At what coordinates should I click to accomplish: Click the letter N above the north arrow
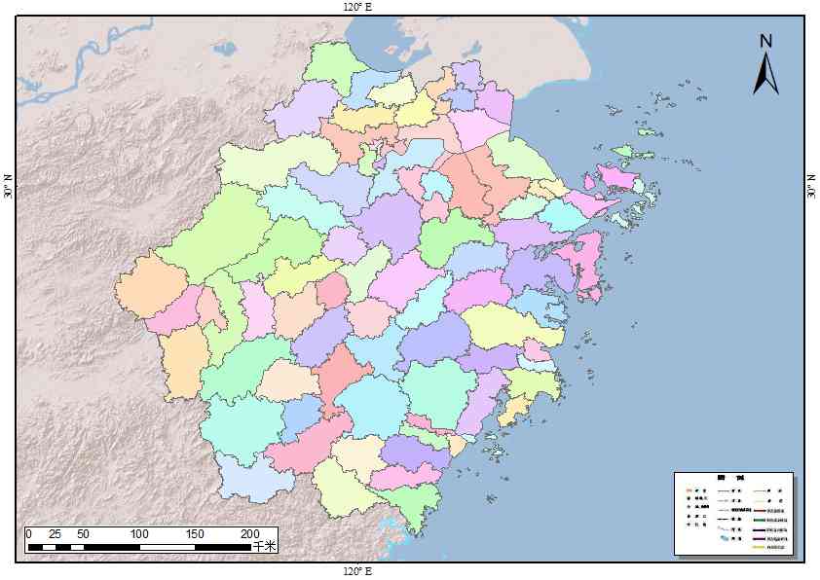[x=766, y=41]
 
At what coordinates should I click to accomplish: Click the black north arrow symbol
[x=765, y=74]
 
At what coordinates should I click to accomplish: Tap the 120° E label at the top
[x=357, y=7]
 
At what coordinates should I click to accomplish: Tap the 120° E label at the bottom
[x=357, y=570]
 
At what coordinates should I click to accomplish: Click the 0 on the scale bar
[x=29, y=534]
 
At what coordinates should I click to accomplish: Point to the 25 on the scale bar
[x=56, y=534]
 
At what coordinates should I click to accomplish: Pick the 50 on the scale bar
[x=83, y=534]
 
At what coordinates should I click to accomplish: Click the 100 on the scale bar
[x=139, y=534]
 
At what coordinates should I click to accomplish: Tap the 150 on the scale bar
[x=195, y=534]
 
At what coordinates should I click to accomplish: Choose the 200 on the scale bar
[x=250, y=534]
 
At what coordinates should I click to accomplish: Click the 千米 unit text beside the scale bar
[x=265, y=547]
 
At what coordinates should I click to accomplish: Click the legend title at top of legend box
[x=732, y=478]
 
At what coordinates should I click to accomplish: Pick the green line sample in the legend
[x=760, y=519]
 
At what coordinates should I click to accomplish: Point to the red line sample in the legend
[x=760, y=509]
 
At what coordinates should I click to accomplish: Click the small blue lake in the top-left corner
[x=225, y=48]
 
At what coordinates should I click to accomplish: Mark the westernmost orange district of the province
[x=149, y=285]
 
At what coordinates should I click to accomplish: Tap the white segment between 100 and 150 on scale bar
[x=168, y=548]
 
